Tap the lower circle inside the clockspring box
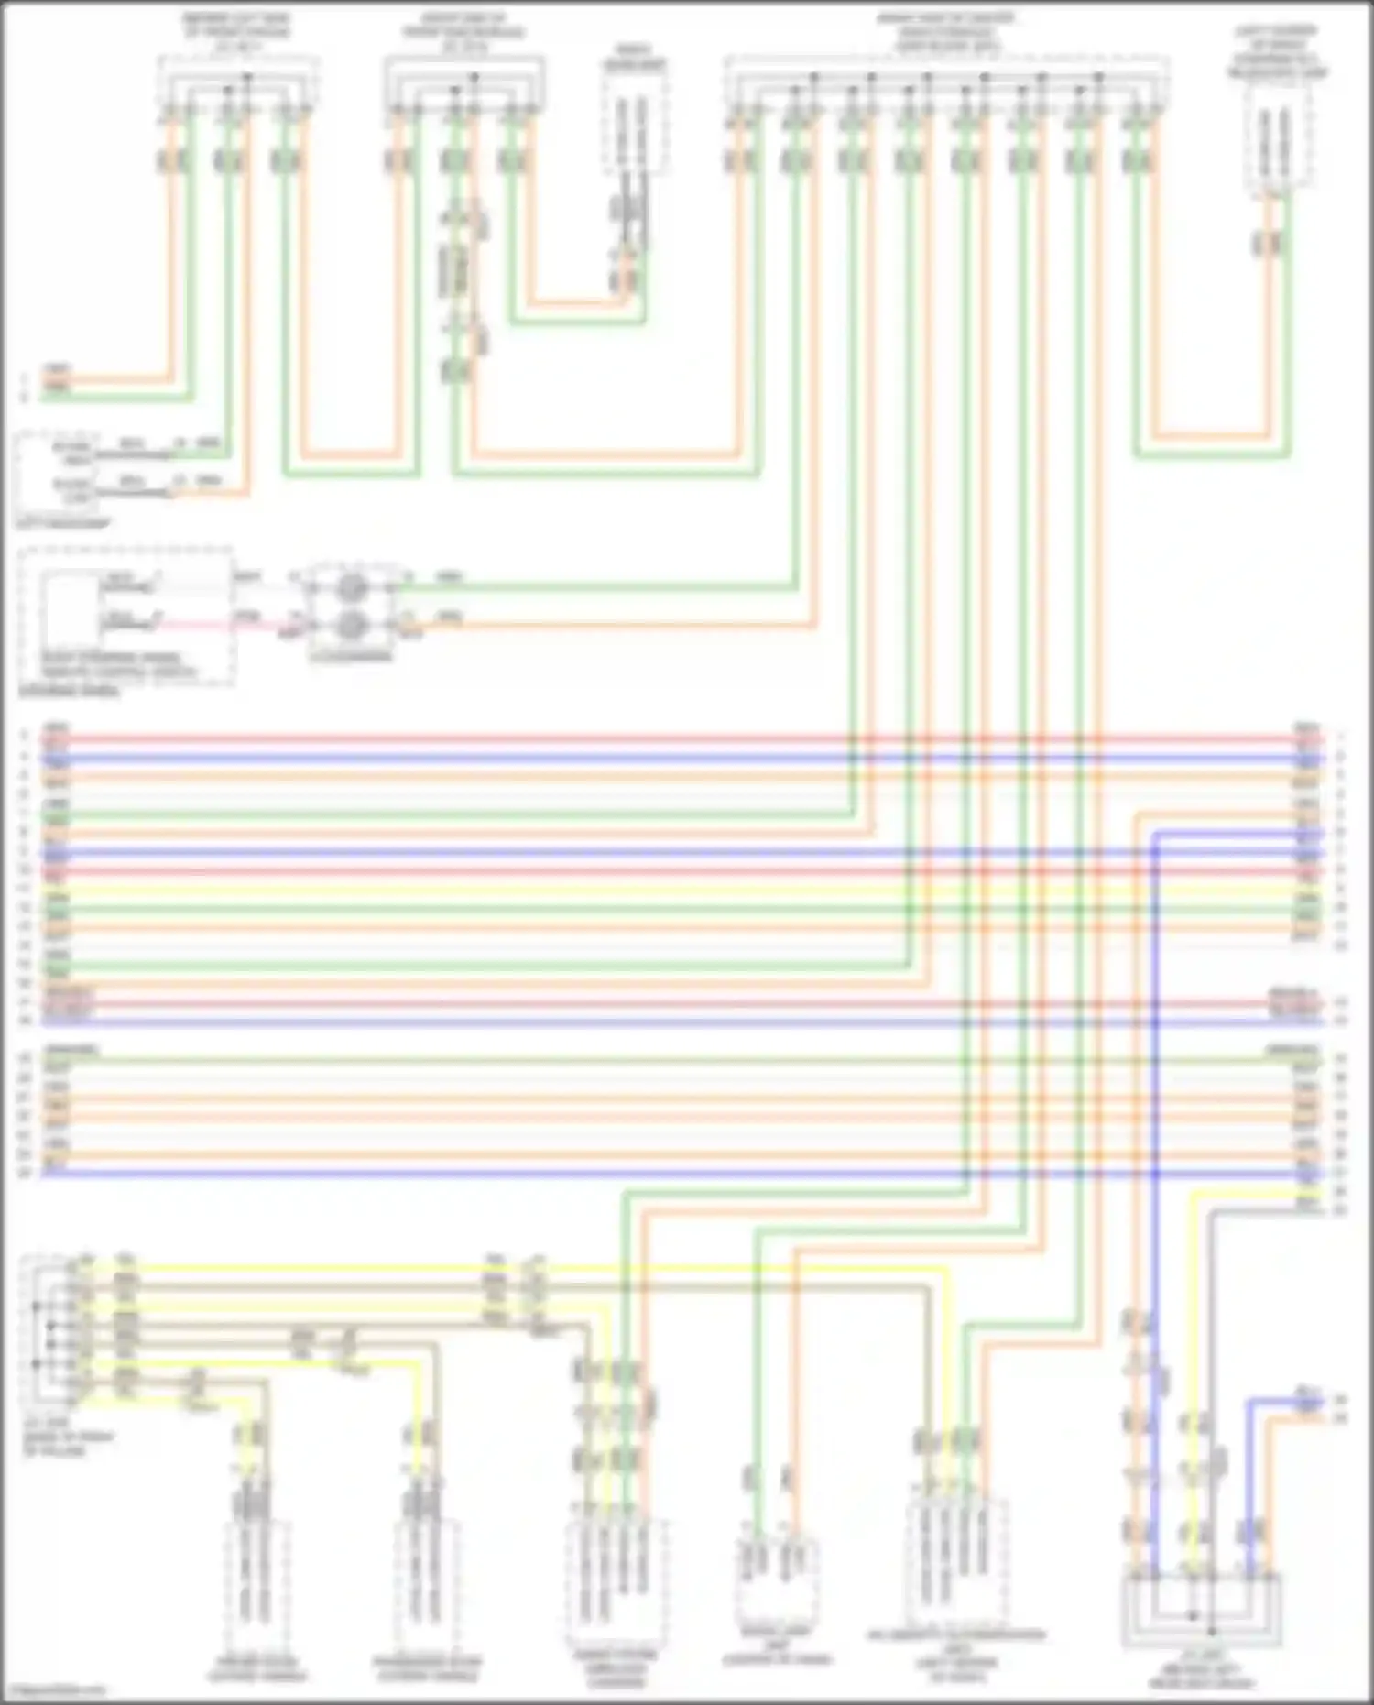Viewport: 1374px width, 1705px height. (353, 625)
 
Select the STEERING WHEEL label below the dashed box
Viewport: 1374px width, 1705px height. (69, 692)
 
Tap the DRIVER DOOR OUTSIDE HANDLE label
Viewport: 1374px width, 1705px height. (257, 1668)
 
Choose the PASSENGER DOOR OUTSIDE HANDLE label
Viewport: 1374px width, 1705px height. (427, 1668)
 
